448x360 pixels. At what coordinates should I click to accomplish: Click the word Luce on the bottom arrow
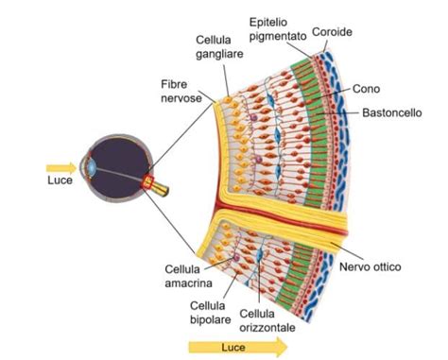tap(223, 348)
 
